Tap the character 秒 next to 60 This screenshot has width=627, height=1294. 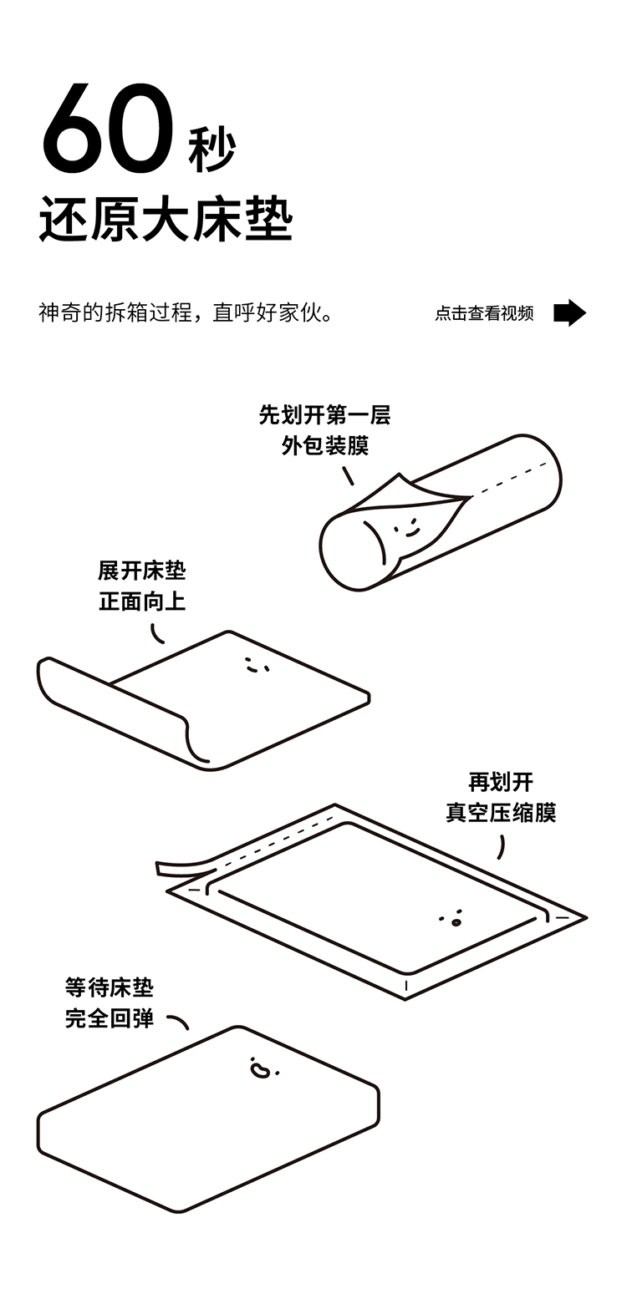(x=212, y=150)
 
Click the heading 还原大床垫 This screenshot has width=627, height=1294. (x=166, y=221)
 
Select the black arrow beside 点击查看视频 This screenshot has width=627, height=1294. (x=569, y=312)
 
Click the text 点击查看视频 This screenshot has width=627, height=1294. (x=484, y=313)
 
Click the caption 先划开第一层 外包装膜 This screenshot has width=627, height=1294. (x=324, y=429)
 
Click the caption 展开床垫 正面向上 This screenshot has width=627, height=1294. (x=142, y=586)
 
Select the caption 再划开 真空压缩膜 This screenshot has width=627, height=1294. (x=501, y=797)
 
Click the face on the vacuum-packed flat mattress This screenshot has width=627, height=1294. (x=452, y=919)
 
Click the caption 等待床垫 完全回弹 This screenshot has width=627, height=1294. (x=110, y=1002)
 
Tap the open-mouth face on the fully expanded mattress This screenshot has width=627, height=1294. (x=262, y=1068)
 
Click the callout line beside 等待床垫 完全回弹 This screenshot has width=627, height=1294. (x=178, y=1021)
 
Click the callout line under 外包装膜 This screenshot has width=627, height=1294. (x=348, y=475)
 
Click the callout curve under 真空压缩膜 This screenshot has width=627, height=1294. (x=501, y=845)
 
